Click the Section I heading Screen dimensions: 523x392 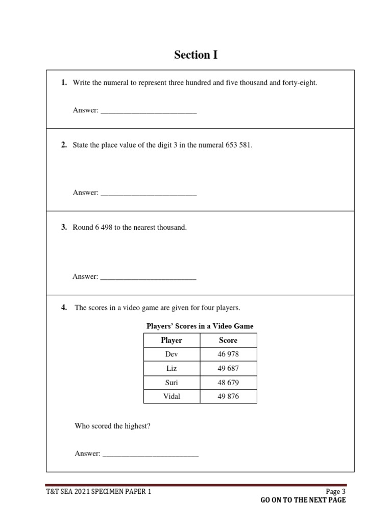195,55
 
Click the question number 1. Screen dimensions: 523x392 64,83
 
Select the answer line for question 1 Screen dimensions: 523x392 148,111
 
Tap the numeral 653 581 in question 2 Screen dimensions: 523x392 238,145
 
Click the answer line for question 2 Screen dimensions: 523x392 148,194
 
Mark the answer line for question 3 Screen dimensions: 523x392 148,278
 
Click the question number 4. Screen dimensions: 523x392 64,307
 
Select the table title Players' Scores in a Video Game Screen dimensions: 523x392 200,326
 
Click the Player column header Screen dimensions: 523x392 171,340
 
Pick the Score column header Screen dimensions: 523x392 228,340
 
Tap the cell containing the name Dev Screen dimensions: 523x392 171,354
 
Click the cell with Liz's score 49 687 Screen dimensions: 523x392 228,368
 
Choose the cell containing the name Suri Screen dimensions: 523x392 171,383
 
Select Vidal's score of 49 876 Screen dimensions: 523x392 228,396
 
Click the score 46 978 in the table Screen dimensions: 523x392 228,354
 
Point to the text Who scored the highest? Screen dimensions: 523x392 113,425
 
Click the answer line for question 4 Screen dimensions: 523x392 150,455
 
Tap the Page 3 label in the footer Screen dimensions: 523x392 335,492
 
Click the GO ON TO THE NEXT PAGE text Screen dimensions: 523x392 303,500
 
